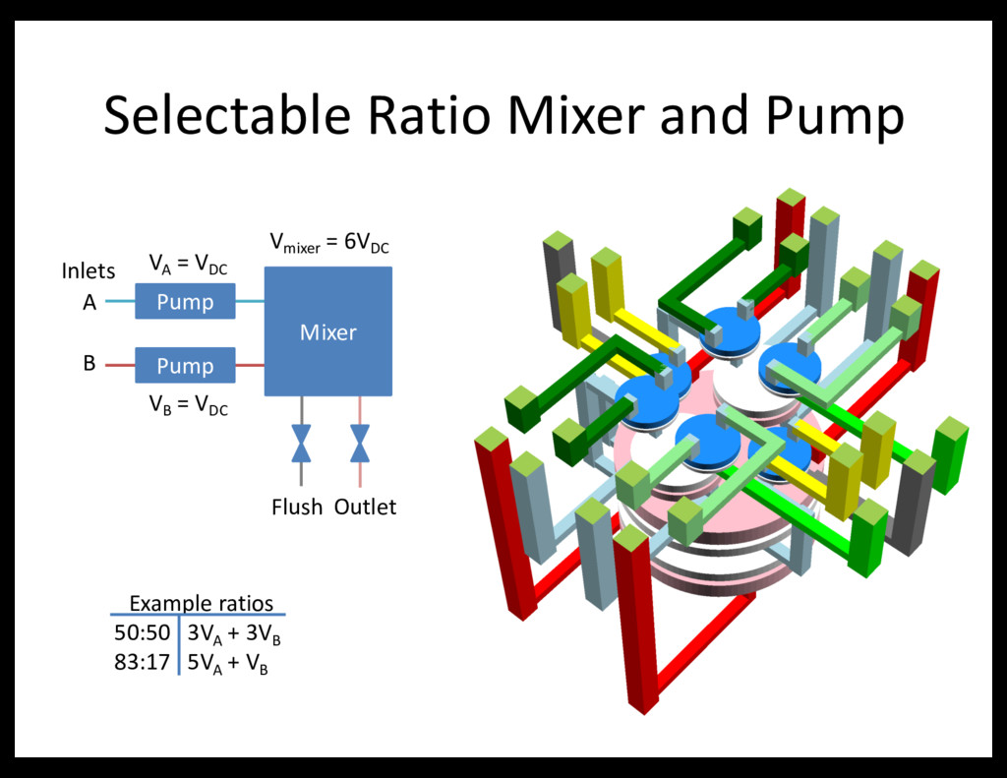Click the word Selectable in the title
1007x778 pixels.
coord(227,116)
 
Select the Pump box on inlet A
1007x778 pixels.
coord(185,302)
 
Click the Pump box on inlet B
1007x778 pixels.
coord(185,366)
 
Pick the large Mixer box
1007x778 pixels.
coord(328,331)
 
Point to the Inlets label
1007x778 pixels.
coord(89,270)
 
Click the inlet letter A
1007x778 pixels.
coord(89,304)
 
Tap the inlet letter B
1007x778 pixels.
coord(89,364)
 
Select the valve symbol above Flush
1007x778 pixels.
coord(301,443)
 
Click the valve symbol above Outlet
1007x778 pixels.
coord(360,443)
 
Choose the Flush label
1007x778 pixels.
coord(297,508)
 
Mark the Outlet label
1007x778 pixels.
coord(365,508)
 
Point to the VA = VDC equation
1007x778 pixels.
coord(188,264)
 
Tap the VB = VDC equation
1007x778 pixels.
coord(188,404)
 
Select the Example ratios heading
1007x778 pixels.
coord(202,603)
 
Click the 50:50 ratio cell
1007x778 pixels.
coord(143,632)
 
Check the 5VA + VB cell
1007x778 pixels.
coord(227,664)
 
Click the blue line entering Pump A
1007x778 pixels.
coord(119,302)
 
